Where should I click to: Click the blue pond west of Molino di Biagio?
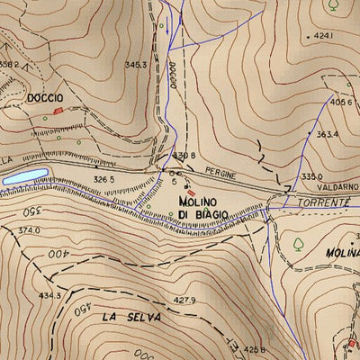click(x=22, y=176)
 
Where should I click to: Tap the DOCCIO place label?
click(x=44, y=97)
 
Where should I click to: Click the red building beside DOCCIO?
click(x=59, y=110)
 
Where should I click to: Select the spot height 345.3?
click(x=136, y=65)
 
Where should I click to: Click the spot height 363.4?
click(x=327, y=134)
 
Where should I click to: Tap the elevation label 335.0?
click(x=311, y=177)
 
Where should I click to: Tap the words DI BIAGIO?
click(x=202, y=215)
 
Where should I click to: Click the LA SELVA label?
click(x=131, y=317)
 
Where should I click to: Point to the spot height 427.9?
click(x=184, y=300)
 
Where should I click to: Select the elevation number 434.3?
click(x=49, y=295)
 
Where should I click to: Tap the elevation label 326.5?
click(x=104, y=179)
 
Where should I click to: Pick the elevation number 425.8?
click(x=256, y=349)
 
